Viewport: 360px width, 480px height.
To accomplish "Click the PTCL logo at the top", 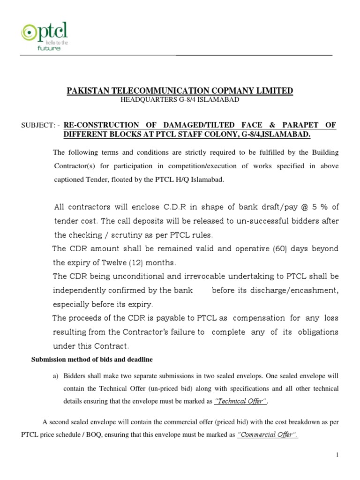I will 44,37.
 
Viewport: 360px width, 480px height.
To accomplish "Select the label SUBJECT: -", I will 41,125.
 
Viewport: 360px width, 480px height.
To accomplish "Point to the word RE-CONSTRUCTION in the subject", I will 101,125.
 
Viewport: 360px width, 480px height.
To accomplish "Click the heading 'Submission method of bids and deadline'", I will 92,360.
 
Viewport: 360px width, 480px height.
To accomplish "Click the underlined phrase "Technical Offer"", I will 240,401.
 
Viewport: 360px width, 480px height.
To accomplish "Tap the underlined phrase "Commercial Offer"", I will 267,435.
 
